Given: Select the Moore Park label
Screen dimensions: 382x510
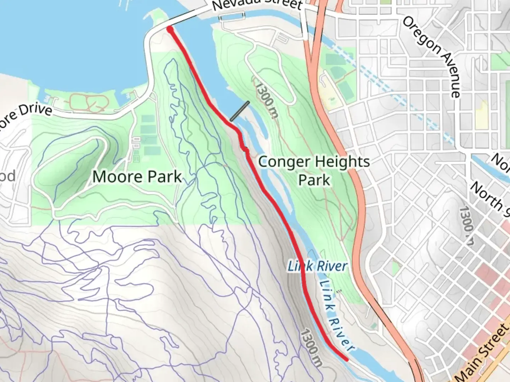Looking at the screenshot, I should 137,176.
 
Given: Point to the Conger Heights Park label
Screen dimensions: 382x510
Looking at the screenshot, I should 314,170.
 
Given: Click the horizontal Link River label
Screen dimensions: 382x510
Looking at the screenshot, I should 317,266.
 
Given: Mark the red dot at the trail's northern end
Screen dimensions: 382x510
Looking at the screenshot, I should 170,29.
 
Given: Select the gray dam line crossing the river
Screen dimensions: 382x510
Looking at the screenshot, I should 240,111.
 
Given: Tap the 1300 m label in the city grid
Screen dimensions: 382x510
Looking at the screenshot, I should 467,225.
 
